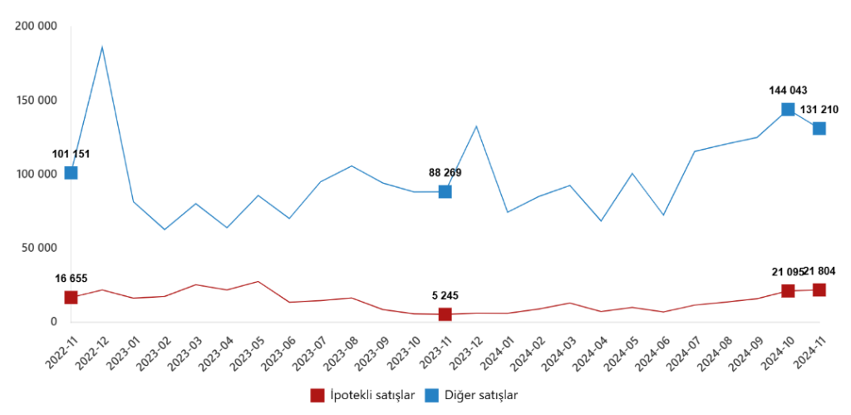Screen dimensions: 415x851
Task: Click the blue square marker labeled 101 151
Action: (71, 173)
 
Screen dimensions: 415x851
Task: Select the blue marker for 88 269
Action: (445, 192)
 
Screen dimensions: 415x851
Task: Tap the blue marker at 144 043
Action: (788, 110)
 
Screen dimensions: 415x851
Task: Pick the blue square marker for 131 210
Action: (819, 128)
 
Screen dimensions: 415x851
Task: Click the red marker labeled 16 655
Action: (71, 298)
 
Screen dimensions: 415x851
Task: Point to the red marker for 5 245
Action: (445, 314)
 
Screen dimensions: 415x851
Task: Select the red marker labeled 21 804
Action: (819, 290)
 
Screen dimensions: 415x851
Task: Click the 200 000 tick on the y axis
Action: (36, 27)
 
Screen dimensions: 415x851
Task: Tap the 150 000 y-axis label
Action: (36, 101)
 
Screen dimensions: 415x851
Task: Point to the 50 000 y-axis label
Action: (39, 248)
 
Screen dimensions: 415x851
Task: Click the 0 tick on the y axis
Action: (53, 322)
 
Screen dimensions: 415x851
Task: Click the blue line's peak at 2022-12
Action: (102, 47)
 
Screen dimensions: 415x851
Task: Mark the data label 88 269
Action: (445, 173)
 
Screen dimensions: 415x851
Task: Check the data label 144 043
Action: (787, 91)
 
